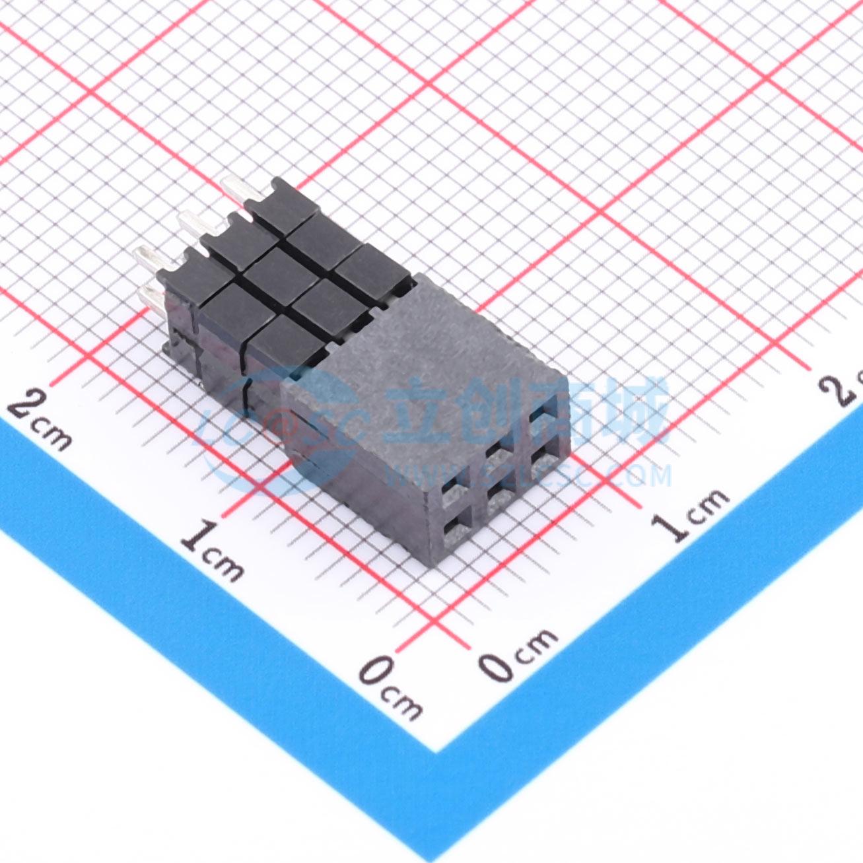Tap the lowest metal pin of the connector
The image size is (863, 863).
pyautogui.click(x=153, y=297)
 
